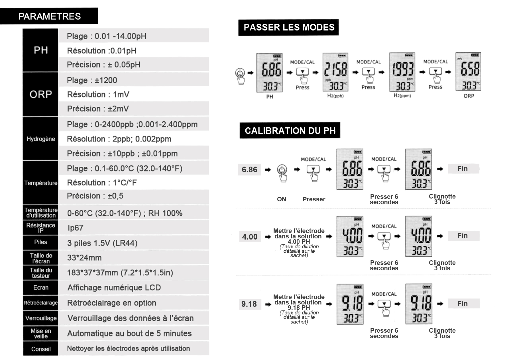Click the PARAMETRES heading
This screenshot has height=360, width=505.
pyautogui.click(x=49, y=16)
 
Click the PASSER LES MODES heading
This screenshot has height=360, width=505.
pyautogui.click(x=288, y=27)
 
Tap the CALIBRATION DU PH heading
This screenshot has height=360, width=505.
pyautogui.click(x=290, y=131)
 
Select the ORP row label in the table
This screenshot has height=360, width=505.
pyautogui.click(x=41, y=94)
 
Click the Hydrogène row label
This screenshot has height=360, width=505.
pyautogui.click(x=41, y=139)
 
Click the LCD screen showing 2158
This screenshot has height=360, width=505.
pyautogui.click(x=335, y=72)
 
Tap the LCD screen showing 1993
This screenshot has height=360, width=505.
pyautogui.click(x=402, y=72)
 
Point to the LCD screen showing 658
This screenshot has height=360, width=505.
pyautogui.click(x=468, y=72)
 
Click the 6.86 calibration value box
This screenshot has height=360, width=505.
pyautogui.click(x=249, y=169)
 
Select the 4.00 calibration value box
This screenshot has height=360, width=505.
pyautogui.click(x=250, y=237)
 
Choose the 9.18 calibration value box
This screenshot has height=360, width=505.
pyautogui.click(x=249, y=304)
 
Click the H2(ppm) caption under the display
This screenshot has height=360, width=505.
pyautogui.click(x=402, y=96)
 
